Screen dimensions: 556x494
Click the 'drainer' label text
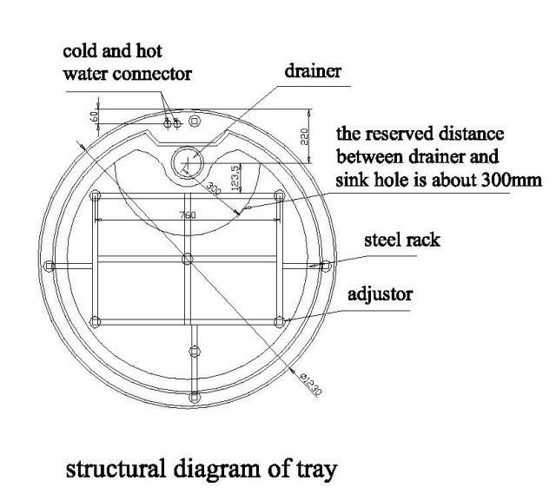pos(313,71)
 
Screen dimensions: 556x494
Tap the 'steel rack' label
pos(402,240)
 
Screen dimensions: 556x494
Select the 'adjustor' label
pos(380,294)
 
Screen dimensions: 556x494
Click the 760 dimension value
pos(188,215)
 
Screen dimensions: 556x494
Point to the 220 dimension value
pos(304,136)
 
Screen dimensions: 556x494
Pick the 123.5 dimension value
pos(235,177)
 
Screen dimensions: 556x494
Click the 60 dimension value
pos(94,116)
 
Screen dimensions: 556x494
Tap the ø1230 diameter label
pos(311,384)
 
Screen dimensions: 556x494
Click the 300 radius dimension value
pos(214,188)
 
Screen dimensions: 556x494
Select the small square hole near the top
pos(194,122)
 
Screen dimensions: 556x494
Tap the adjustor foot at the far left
pos(50,266)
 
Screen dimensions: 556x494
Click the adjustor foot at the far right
pos(326,266)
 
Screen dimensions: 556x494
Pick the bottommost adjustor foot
pos(195,397)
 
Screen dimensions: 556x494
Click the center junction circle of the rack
pos(188,259)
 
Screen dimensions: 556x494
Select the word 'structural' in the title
pos(116,469)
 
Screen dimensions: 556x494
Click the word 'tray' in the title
pos(315,471)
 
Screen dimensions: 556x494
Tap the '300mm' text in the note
pos(512,181)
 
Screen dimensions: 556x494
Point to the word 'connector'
pos(152,75)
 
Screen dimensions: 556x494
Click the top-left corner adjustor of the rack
pos(95,195)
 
